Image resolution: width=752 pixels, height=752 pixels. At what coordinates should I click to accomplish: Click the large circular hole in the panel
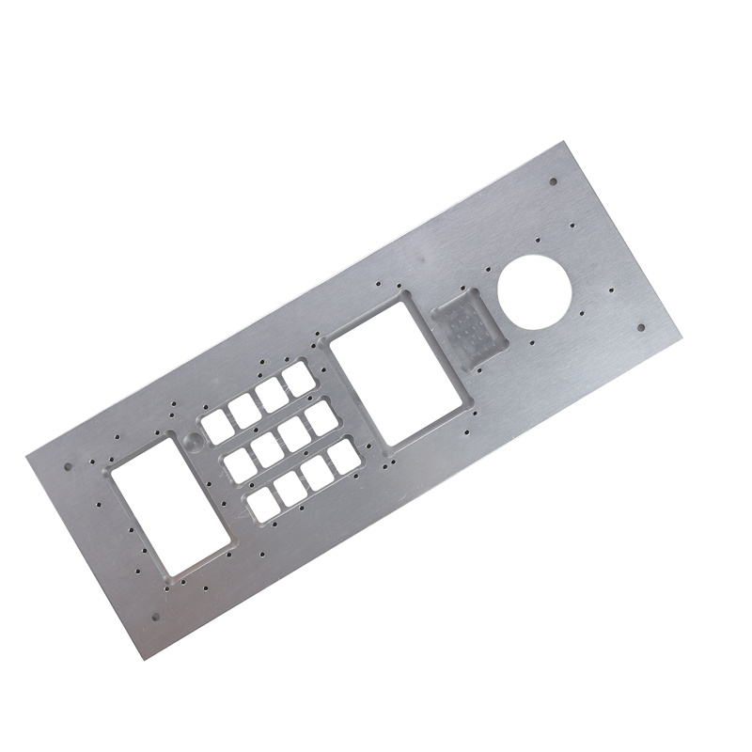[x=535, y=290]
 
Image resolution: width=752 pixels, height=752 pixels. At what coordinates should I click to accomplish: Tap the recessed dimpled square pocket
[x=467, y=328]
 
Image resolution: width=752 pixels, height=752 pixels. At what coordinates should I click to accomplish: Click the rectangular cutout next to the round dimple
[x=171, y=503]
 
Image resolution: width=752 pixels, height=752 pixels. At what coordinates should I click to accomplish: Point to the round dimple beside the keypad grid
[x=193, y=442]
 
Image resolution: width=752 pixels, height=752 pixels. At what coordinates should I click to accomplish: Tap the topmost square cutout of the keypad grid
[x=301, y=378]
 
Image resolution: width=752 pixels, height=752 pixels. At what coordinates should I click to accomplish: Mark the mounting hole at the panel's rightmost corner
[x=641, y=327]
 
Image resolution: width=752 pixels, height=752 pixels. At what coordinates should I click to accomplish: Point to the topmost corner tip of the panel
[x=561, y=141]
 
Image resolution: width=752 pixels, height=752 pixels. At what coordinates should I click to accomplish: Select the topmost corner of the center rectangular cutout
[x=406, y=292]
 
